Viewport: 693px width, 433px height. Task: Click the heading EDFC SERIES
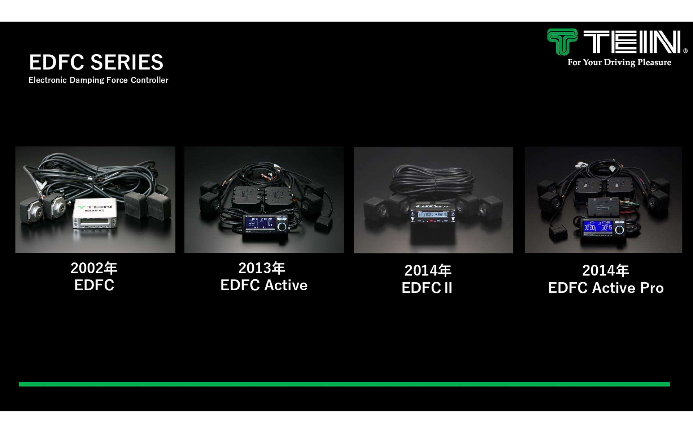click(96, 62)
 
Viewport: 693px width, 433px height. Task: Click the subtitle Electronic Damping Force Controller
click(99, 80)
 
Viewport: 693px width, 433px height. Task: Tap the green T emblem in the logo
click(562, 41)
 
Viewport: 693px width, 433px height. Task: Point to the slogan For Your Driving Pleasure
click(619, 62)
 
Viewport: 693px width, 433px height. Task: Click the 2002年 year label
click(94, 268)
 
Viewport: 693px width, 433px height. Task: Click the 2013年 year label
click(262, 268)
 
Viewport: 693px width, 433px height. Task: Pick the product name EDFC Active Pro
click(606, 288)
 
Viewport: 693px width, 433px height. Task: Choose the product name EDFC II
click(427, 288)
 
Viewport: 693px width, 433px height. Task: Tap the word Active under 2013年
click(286, 285)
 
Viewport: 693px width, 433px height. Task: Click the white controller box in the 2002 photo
click(95, 216)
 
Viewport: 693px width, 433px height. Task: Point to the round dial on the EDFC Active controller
click(282, 227)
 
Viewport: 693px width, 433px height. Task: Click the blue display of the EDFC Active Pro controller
click(598, 227)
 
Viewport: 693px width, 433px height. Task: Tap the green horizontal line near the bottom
click(344, 384)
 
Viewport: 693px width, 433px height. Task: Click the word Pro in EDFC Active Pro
click(651, 288)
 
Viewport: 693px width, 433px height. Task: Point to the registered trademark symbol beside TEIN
click(685, 51)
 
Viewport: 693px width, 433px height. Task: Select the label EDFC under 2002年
click(94, 285)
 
